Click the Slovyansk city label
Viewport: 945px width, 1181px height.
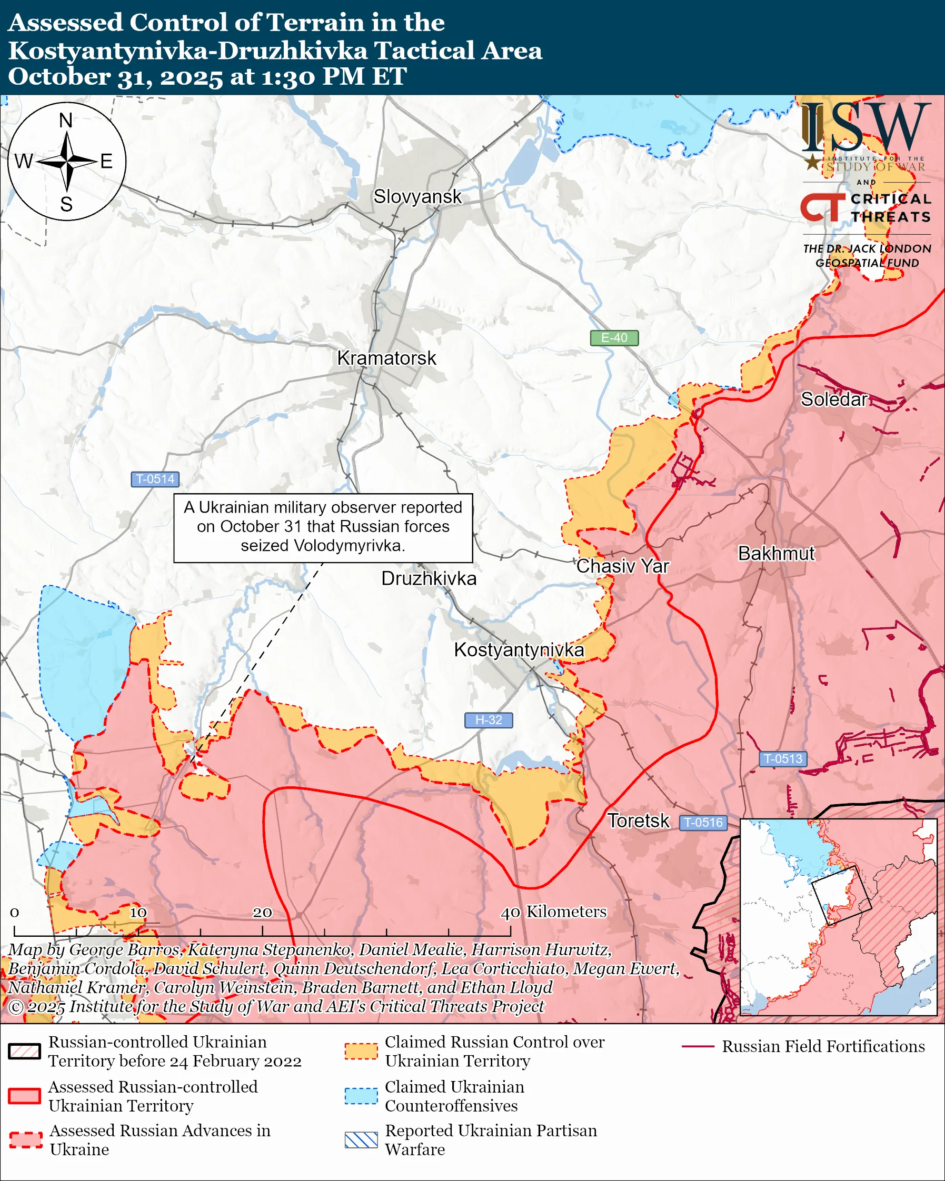coord(417,197)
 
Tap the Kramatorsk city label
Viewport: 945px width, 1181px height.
coord(386,358)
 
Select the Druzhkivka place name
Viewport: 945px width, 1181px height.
coord(429,578)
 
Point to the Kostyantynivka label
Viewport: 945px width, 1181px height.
coord(519,649)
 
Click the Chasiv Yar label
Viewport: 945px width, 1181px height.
coord(622,566)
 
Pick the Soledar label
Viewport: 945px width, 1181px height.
coord(834,399)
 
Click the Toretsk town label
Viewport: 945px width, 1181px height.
coord(638,820)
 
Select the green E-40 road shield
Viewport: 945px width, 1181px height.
coord(614,338)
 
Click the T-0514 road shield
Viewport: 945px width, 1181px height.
coord(155,479)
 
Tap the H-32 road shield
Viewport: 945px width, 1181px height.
coord(488,720)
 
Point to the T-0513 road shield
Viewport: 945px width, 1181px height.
coord(783,759)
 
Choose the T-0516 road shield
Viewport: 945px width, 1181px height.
coord(703,822)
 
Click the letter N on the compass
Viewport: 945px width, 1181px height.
coord(66,120)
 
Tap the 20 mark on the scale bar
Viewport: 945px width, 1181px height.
coord(262,913)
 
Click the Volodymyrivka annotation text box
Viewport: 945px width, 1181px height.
coord(323,527)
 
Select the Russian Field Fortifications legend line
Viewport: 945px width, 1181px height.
coord(698,1046)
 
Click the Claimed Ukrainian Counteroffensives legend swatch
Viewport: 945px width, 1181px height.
coord(361,1096)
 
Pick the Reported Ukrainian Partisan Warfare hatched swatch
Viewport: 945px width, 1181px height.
coord(361,1140)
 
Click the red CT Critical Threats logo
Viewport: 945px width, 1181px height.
coord(822,207)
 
